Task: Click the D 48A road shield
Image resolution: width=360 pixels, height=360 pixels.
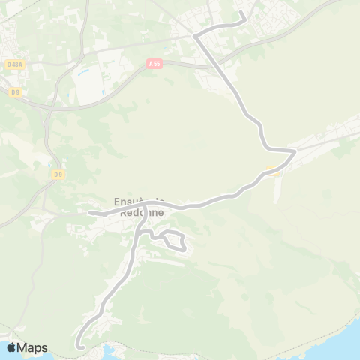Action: click(13, 64)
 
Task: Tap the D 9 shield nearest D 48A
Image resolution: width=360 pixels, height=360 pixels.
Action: click(15, 92)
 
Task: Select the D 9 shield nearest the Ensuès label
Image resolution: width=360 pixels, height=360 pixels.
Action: click(58, 175)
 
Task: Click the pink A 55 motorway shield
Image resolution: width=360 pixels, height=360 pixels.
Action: click(154, 64)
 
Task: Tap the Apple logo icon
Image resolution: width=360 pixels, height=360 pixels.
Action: click(11, 347)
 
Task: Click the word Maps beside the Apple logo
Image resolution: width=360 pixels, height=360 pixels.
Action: click(33, 347)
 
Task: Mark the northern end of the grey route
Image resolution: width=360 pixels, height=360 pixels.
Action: click(241, 13)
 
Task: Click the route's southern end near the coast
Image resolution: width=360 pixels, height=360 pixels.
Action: click(79, 346)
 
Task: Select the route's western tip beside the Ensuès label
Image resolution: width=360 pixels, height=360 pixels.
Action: click(90, 213)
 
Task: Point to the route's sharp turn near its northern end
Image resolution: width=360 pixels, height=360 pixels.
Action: click(195, 35)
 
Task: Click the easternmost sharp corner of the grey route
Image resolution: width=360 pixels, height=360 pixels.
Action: click(295, 151)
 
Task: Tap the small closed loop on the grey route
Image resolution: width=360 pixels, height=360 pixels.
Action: click(174, 241)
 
